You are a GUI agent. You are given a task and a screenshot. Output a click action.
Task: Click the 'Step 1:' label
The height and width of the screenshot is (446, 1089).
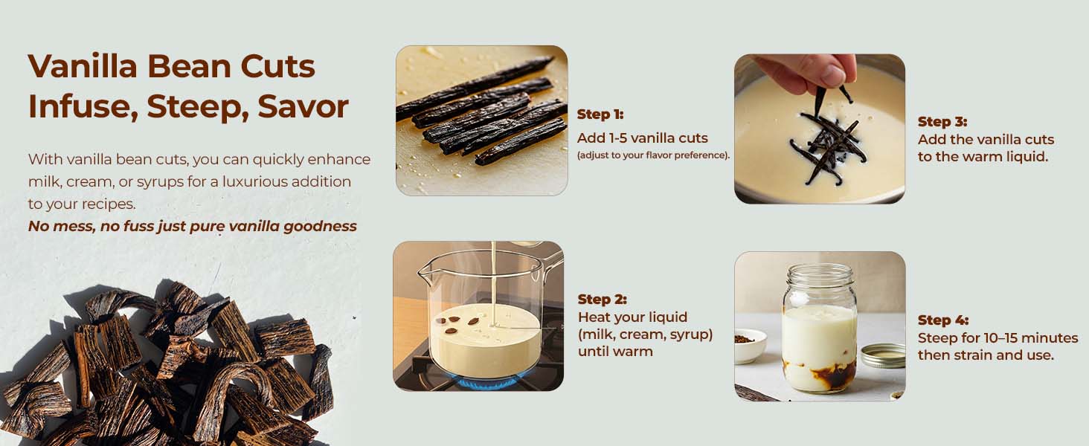tap(600, 114)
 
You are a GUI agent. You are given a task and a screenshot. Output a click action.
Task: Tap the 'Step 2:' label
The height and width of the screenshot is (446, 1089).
tap(602, 300)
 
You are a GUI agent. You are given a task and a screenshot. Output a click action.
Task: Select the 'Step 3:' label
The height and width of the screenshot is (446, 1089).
tap(942, 122)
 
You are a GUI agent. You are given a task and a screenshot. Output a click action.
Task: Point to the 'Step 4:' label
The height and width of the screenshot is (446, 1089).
tap(942, 320)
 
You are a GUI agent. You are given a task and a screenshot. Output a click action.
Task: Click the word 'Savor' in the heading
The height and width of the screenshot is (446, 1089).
tap(303, 106)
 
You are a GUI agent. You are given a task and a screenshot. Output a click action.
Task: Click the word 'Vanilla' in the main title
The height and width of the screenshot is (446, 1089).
tap(83, 67)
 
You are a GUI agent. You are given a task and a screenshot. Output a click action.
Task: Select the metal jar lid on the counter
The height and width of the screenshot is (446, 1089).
tap(882, 355)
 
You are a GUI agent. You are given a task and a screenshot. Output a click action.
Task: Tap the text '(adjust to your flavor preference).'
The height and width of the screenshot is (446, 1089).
tap(653, 155)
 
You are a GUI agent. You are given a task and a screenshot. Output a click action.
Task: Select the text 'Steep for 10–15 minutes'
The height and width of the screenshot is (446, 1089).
tap(998, 338)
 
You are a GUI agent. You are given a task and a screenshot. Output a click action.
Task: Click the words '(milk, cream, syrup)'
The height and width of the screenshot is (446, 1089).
tap(645, 334)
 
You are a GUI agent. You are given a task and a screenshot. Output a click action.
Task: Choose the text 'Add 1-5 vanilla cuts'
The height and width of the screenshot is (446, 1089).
tap(642, 138)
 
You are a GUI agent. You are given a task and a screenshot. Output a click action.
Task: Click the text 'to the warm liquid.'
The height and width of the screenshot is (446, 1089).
tap(982, 157)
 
